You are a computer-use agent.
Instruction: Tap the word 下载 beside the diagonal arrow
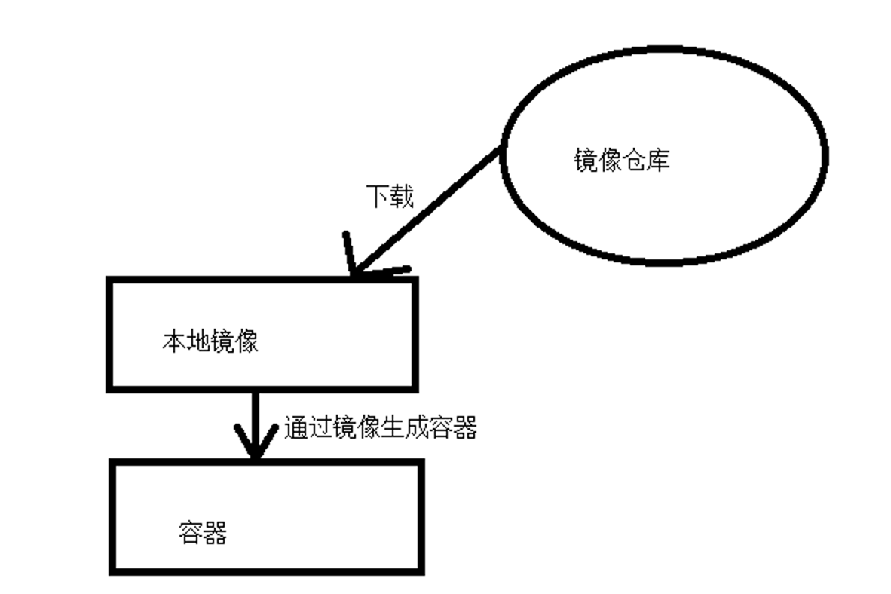coord(390,197)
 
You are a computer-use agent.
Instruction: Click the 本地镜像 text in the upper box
coord(210,342)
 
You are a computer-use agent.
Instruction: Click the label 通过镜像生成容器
coord(381,428)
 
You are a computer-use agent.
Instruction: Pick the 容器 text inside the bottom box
coord(203,534)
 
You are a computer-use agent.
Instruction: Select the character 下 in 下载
coord(378,197)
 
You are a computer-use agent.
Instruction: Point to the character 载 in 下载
coord(402,197)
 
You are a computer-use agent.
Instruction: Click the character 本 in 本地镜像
coord(174,342)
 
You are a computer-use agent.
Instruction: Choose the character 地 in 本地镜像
coord(198,342)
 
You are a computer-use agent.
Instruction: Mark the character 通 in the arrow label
coord(296,428)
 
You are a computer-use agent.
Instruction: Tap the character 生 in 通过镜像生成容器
coord(393,428)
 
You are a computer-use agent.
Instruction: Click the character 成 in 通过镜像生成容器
coord(417,428)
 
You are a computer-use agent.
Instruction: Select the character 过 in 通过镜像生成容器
coord(320,428)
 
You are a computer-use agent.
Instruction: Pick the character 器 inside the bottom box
coord(215,534)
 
